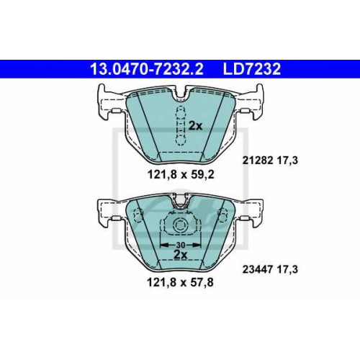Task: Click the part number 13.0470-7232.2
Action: pos(147,69)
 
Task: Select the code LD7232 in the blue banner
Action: pos(252,69)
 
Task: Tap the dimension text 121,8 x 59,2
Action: pos(181,175)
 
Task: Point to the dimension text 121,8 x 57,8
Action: pos(180,282)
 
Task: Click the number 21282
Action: pos(258,161)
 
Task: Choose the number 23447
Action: pos(258,269)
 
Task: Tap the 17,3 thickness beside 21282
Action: pos(287,161)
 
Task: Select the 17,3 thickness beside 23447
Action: pos(287,269)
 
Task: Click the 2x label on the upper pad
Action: pos(195,126)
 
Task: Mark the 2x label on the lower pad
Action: pos(181,255)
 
